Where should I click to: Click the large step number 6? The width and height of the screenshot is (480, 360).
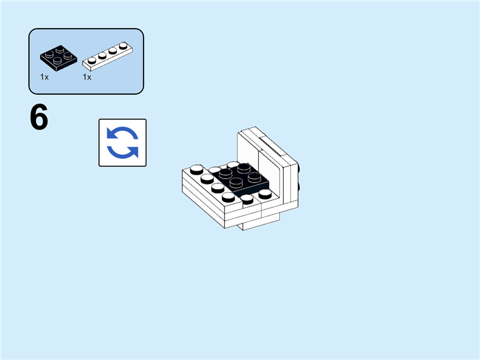point(39,118)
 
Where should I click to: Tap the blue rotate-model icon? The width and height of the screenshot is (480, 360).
point(122,142)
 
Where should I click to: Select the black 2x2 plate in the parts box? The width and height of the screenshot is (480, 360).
point(59,56)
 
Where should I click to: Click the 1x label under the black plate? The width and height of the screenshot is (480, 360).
point(45,77)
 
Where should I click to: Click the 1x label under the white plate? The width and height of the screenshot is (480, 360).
point(87,77)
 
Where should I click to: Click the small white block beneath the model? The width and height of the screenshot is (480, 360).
point(252,224)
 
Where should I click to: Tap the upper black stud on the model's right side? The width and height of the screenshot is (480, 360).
point(299,168)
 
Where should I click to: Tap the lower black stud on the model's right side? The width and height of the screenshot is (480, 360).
point(299,185)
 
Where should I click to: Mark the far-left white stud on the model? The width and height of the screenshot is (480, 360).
point(196,170)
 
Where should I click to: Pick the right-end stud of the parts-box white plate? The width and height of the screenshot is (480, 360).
point(123,46)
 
